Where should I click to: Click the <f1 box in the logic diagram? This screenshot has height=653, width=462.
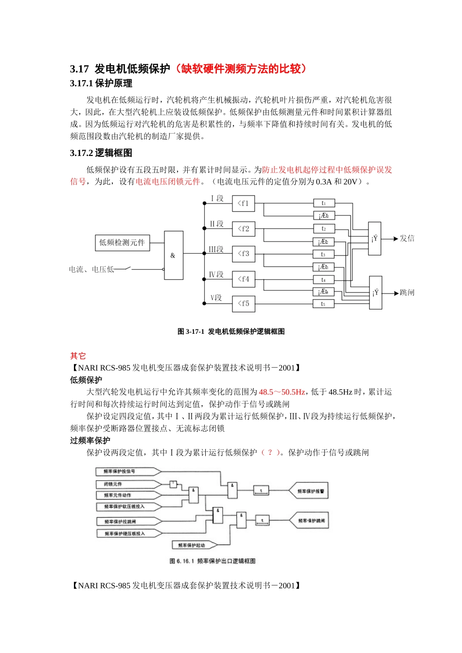tap(244, 204)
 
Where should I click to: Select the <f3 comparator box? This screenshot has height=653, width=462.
tap(244, 254)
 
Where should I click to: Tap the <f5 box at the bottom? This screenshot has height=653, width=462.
tap(244, 304)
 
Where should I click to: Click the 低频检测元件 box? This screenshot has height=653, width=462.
tap(122, 242)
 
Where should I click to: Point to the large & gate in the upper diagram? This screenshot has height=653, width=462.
tap(174, 256)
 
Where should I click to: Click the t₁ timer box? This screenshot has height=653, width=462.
tap(324, 203)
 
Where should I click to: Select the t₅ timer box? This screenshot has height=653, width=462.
tap(324, 304)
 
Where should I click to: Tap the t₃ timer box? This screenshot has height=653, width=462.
tap(324, 254)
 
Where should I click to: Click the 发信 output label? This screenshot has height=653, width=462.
tap(407, 239)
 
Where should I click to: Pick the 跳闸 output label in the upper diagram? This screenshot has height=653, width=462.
tap(407, 292)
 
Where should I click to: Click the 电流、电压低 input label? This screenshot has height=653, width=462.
tap(91, 269)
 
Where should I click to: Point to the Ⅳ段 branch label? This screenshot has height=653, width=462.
tap(216, 275)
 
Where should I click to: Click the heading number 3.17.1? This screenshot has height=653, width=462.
tap(82, 84)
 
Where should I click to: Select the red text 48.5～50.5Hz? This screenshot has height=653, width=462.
tap(282, 392)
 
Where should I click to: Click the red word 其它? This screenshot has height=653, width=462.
tap(78, 356)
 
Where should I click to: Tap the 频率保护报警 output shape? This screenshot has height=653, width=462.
tap(309, 491)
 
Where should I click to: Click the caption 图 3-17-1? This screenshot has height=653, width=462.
tap(191, 331)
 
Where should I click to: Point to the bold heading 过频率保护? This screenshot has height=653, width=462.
tap(90, 440)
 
